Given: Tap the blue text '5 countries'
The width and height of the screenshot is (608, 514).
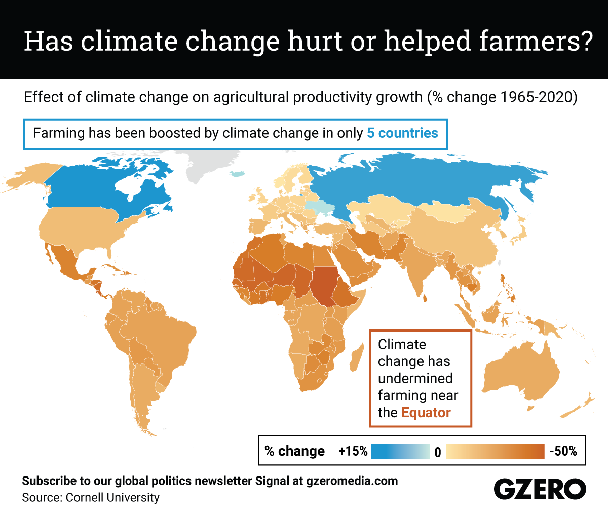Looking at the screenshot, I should click(402, 133).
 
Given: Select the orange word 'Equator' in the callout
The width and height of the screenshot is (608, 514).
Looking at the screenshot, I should click(426, 413).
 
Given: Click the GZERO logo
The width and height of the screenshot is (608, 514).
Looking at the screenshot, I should click(540, 489).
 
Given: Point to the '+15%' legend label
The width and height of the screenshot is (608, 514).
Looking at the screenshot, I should click(353, 451).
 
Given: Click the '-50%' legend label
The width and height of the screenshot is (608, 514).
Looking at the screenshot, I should click(563, 451).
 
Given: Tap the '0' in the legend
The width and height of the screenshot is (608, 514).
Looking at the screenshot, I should click(438, 452).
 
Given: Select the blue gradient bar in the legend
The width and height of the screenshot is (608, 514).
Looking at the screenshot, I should click(400, 451).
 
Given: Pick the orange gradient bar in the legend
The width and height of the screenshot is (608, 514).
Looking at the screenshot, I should click(495, 451).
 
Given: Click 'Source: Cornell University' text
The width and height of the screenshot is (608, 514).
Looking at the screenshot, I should click(91, 498).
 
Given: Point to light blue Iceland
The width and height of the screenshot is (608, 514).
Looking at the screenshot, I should click(237, 174).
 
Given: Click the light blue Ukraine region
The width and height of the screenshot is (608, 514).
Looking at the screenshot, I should click(318, 207).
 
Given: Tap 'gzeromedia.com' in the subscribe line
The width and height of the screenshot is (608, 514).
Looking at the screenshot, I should click(352, 481).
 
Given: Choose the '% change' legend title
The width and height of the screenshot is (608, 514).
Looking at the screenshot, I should click(294, 451).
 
